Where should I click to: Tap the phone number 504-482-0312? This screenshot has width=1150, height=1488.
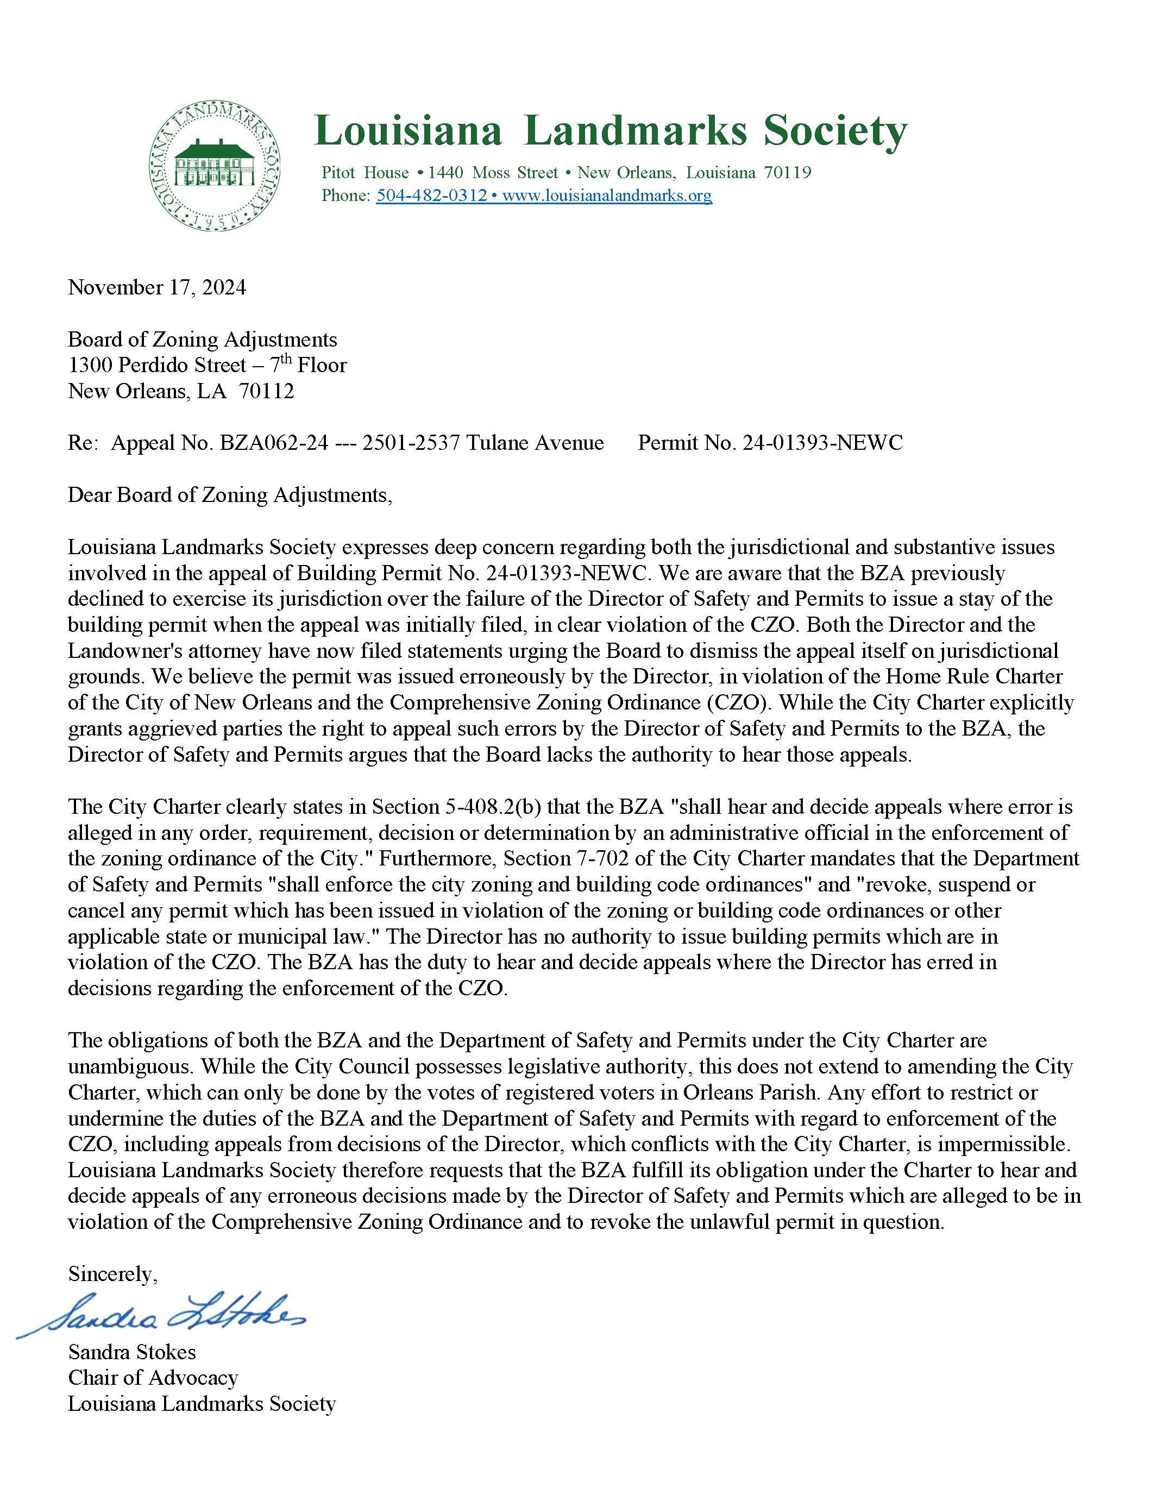pyautogui.click(x=431, y=196)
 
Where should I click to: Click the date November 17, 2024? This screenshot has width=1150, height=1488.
pyautogui.click(x=156, y=287)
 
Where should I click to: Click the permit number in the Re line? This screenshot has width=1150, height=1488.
pyautogui.click(x=822, y=443)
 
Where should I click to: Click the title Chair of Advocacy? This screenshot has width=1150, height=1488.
pyautogui.click(x=153, y=1378)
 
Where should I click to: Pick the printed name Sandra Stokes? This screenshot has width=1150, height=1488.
pyautogui.click(x=131, y=1352)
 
